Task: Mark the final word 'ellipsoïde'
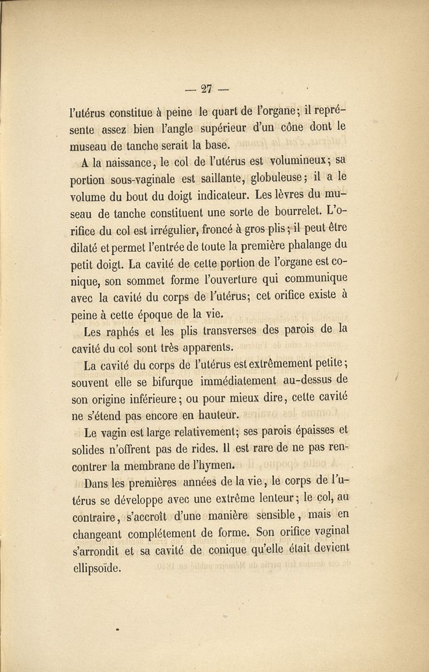click(97, 567)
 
